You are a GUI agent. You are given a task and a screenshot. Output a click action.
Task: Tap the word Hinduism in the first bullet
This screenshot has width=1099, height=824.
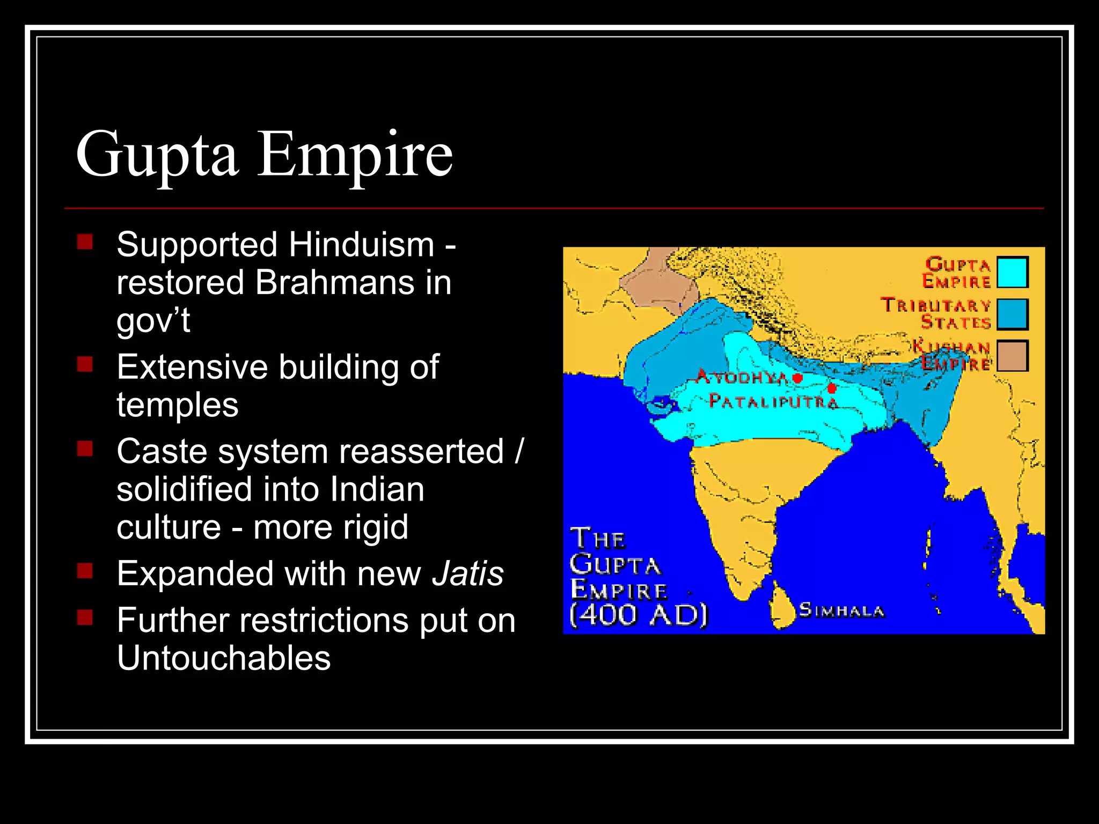[361, 245]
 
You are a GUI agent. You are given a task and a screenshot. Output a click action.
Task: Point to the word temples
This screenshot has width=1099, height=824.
[178, 404]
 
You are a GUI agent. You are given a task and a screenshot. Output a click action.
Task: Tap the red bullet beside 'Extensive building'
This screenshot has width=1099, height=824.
[85, 365]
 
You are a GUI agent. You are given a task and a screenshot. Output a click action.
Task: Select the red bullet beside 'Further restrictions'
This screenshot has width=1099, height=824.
[85, 617]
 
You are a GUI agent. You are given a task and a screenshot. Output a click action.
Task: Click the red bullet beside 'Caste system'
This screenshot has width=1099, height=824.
[85, 448]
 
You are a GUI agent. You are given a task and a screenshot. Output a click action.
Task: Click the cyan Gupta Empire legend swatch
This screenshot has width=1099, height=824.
[1012, 273]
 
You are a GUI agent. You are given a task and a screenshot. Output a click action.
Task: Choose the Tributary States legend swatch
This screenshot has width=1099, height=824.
[1012, 314]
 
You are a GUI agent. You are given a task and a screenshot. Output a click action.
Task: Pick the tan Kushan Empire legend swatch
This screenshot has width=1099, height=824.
[1012, 356]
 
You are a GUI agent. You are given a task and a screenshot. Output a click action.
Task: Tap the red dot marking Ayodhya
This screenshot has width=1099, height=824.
[797, 378]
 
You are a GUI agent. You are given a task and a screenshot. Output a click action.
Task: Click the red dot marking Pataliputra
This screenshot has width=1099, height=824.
[832, 388]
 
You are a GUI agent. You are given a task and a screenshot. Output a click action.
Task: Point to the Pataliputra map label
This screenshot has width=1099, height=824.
[773, 401]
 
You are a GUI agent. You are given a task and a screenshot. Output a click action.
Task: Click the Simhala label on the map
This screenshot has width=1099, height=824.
[841, 610]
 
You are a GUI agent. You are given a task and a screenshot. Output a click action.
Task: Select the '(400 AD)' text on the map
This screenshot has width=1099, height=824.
[639, 615]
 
